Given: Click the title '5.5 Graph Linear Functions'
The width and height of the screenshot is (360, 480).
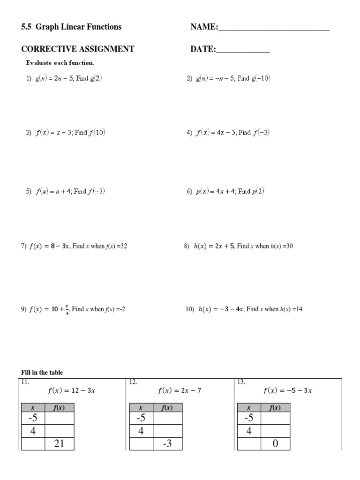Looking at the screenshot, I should click(x=71, y=27).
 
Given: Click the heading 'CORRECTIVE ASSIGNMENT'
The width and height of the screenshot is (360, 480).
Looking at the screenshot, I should click(x=78, y=49).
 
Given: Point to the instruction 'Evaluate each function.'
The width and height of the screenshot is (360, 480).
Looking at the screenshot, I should click(x=60, y=62).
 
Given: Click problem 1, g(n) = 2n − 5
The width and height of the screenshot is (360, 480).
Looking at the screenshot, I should click(x=64, y=79).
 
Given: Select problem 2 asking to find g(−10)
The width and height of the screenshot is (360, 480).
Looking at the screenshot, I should click(x=228, y=79).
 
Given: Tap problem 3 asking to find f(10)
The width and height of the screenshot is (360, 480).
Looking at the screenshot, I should click(x=66, y=133).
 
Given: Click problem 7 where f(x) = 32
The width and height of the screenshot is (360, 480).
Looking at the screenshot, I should click(x=74, y=246).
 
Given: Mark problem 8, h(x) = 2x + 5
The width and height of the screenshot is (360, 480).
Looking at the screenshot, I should click(x=238, y=246).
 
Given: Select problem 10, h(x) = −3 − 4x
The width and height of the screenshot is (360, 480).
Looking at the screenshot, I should click(x=244, y=309).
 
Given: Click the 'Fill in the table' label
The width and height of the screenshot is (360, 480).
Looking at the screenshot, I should click(x=42, y=373).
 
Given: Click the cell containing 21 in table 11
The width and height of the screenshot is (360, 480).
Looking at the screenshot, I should click(x=59, y=443).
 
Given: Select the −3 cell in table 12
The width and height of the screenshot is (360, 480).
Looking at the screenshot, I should click(x=168, y=443).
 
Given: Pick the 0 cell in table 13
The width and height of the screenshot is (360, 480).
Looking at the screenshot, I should click(x=275, y=443).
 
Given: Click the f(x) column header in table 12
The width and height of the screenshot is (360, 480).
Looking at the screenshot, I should click(x=168, y=408).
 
